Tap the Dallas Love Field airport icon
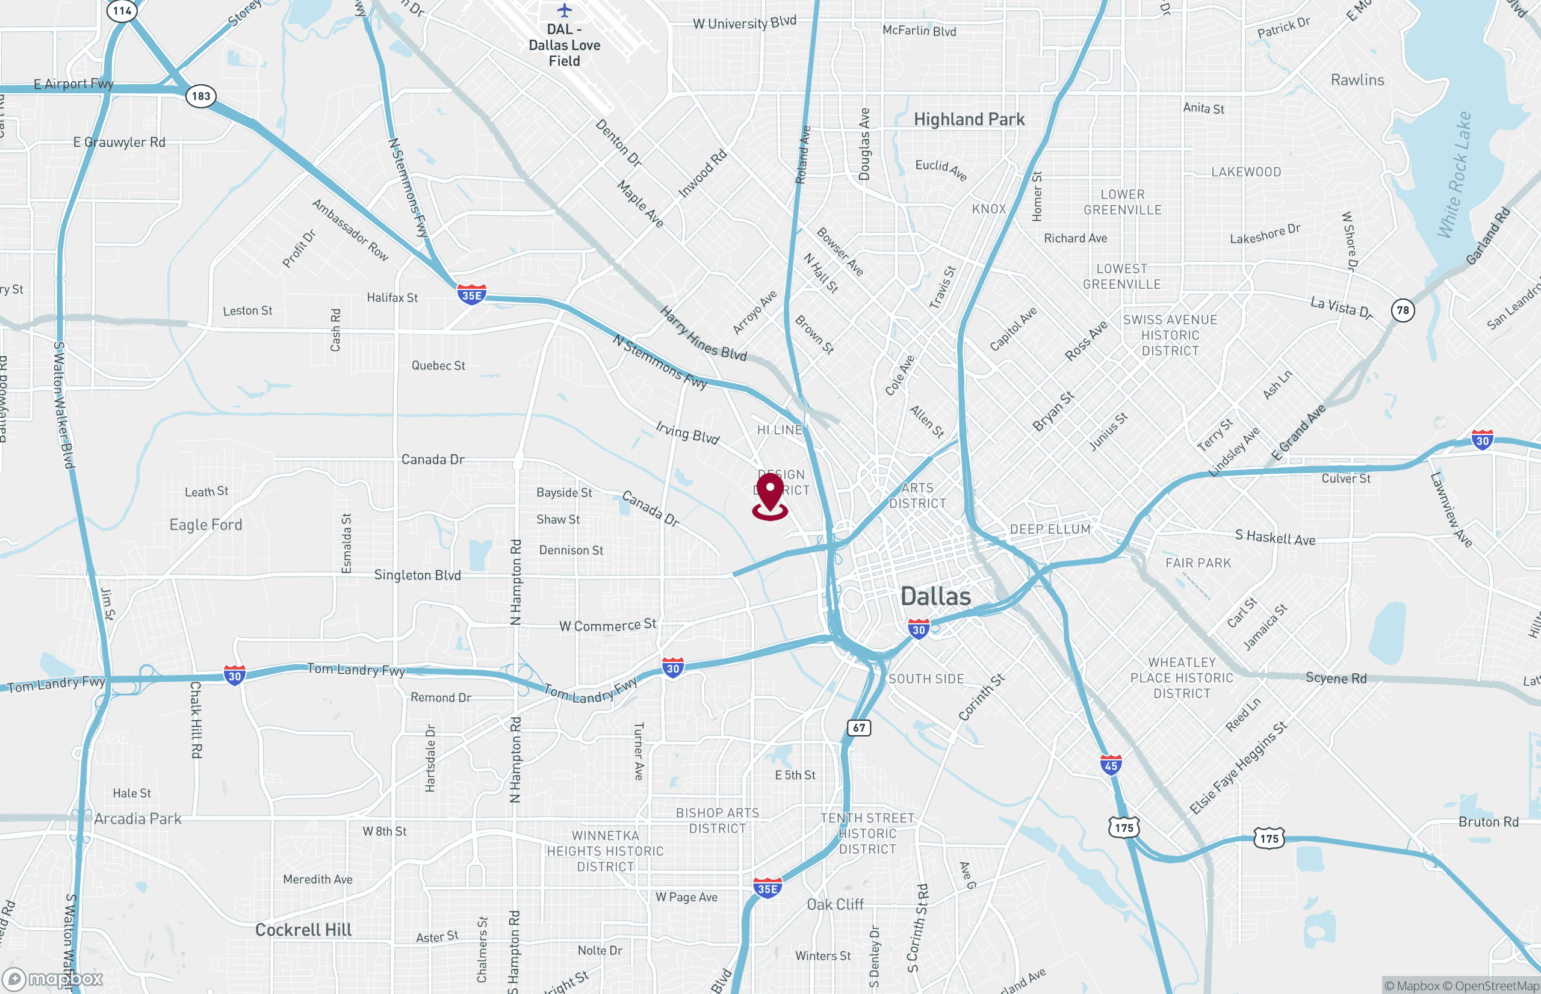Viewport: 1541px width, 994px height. tap(564, 10)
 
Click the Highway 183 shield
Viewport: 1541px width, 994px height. tap(201, 96)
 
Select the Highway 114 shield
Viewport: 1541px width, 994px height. tap(122, 11)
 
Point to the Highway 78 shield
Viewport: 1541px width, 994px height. tap(1403, 310)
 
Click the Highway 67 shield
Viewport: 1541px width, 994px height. tap(858, 727)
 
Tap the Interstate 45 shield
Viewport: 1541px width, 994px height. tap(1111, 765)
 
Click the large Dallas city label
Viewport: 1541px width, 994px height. tap(935, 596)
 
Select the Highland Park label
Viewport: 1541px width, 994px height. tap(969, 119)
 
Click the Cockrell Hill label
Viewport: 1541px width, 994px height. tap(303, 930)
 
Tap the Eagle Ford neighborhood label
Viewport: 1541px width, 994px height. tap(206, 525)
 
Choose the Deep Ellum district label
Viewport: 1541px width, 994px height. tap(1050, 529)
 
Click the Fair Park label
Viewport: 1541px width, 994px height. tap(1198, 563)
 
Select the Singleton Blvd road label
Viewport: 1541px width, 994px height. tap(418, 575)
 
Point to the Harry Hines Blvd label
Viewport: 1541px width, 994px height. tap(703, 334)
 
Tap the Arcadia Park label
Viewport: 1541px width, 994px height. tap(137, 819)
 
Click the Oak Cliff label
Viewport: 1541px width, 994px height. tap(835, 904)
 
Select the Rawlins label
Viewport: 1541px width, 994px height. tap(1357, 80)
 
